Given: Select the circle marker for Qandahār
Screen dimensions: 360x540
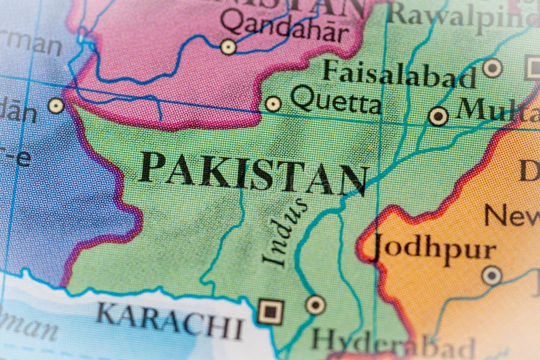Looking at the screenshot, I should pyautogui.click(x=228, y=47).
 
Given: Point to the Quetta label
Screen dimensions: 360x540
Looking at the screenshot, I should pyautogui.click(x=335, y=102).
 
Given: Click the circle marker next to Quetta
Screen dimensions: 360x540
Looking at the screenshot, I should pyautogui.click(x=273, y=103).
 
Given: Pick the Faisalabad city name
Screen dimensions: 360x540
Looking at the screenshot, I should pyautogui.click(x=398, y=76).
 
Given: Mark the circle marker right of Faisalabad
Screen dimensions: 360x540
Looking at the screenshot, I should pyautogui.click(x=492, y=68).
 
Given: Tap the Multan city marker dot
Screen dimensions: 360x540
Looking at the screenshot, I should pyautogui.click(x=438, y=116).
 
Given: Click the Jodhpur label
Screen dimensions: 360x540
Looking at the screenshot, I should pyautogui.click(x=434, y=248).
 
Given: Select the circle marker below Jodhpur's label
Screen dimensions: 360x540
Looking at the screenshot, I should pyautogui.click(x=492, y=275).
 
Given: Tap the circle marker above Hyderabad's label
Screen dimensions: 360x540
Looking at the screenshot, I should pyautogui.click(x=315, y=304).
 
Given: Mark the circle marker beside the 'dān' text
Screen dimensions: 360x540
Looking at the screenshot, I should pyautogui.click(x=56, y=106).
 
